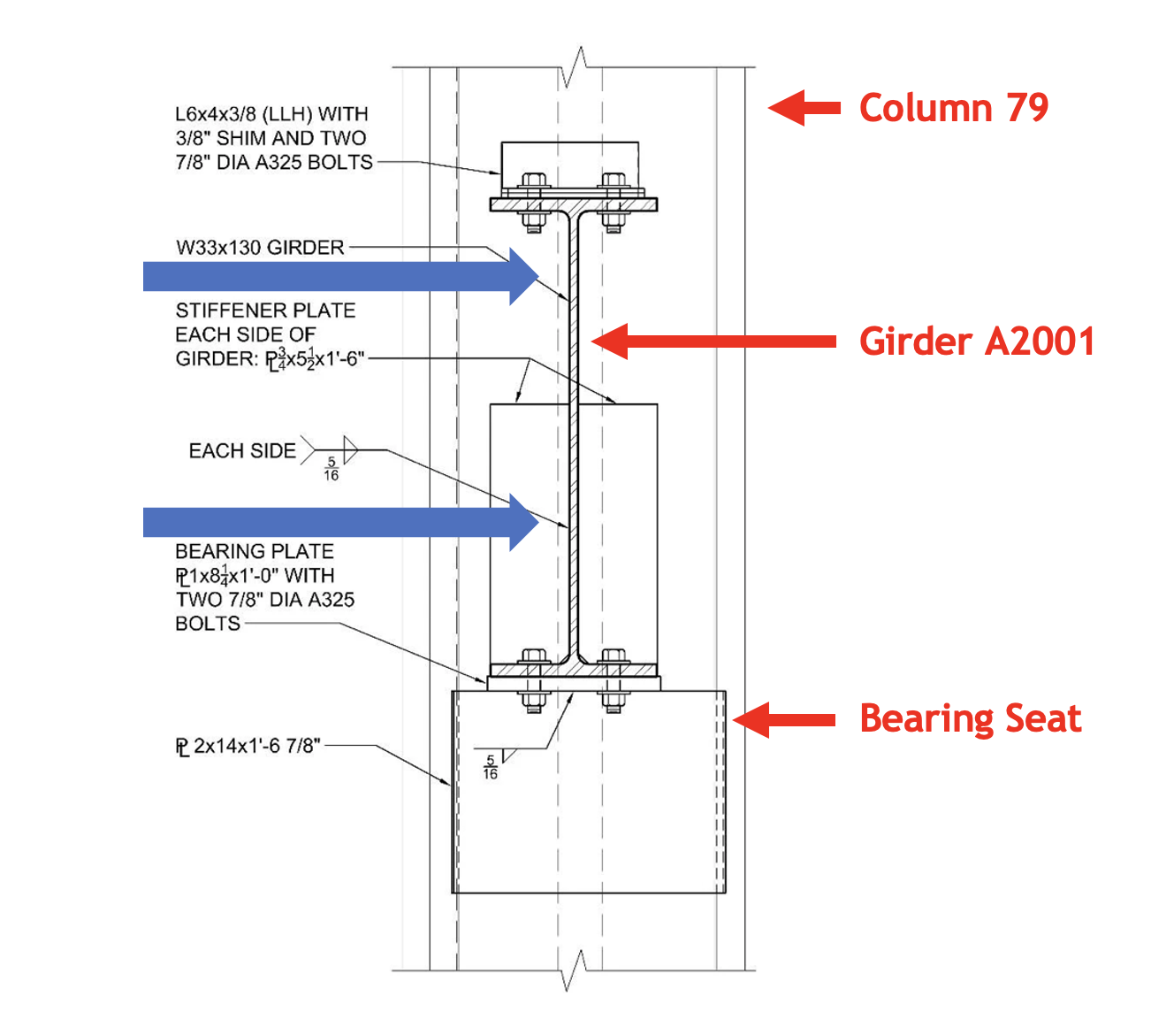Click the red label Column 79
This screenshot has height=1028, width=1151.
(953, 108)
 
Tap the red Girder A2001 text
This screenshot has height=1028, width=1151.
(977, 341)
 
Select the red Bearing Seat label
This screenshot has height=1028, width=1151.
(970, 719)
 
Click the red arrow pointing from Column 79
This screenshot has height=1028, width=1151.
(804, 108)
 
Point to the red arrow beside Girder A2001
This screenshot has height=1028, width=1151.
(713, 341)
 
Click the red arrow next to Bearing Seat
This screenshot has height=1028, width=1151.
(783, 720)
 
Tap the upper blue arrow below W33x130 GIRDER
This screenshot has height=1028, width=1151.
(340, 277)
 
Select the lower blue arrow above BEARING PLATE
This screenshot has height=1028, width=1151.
(340, 522)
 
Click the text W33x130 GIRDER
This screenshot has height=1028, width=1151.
(260, 248)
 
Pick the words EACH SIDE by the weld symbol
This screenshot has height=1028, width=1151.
(242, 451)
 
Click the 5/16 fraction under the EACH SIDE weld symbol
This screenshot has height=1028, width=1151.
(332, 469)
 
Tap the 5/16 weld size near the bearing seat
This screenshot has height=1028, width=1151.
(491, 767)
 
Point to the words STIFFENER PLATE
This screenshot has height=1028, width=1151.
(265, 311)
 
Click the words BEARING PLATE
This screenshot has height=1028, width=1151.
(255, 551)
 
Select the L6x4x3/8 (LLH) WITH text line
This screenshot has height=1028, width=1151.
(271, 114)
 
